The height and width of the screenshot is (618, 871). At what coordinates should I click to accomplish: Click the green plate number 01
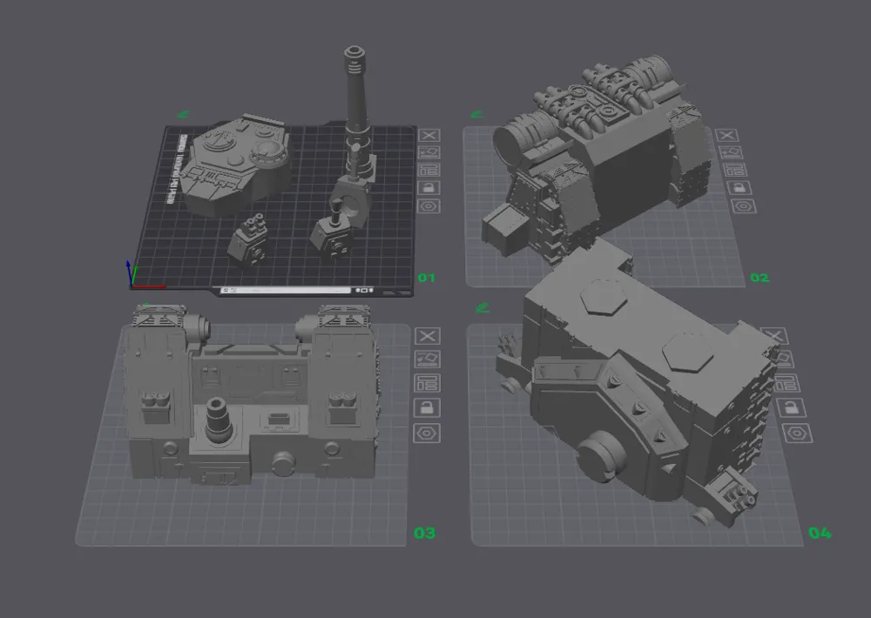pos(426,278)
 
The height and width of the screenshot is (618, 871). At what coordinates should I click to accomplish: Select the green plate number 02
pos(760,278)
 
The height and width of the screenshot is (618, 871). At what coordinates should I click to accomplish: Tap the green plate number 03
pos(424,533)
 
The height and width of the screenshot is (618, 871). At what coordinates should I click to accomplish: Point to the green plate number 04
pos(819,533)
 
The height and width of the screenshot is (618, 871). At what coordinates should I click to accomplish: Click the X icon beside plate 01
pos(429,135)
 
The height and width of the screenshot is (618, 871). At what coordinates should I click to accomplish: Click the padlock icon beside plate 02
pos(727,188)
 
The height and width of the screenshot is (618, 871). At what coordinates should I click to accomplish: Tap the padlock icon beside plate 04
pos(793,409)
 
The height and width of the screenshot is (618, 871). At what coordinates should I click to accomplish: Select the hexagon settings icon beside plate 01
pos(429,206)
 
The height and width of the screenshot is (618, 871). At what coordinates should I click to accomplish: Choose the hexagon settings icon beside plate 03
pos(427,433)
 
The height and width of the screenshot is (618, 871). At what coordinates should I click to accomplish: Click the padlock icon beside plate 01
pos(429,188)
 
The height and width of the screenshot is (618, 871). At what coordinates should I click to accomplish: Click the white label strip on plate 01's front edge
pos(287,290)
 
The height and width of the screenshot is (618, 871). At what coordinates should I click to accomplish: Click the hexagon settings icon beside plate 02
pos(727,206)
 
